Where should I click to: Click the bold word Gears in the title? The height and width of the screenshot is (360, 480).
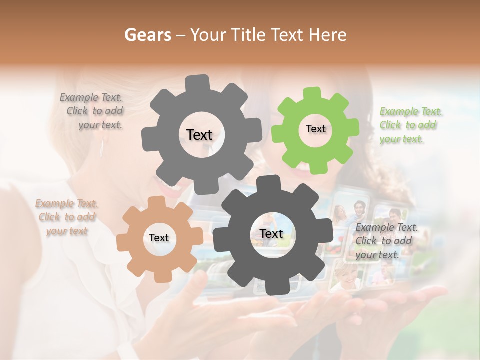tap(147, 35)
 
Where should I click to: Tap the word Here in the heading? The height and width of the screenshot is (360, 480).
tap(328, 35)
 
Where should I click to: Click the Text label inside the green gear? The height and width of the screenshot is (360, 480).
tap(315, 129)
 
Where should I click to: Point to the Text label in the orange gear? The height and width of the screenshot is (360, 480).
tap(159, 238)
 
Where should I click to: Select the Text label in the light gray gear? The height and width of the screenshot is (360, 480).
tap(199, 135)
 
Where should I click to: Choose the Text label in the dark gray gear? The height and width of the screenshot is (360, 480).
tap(271, 234)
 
